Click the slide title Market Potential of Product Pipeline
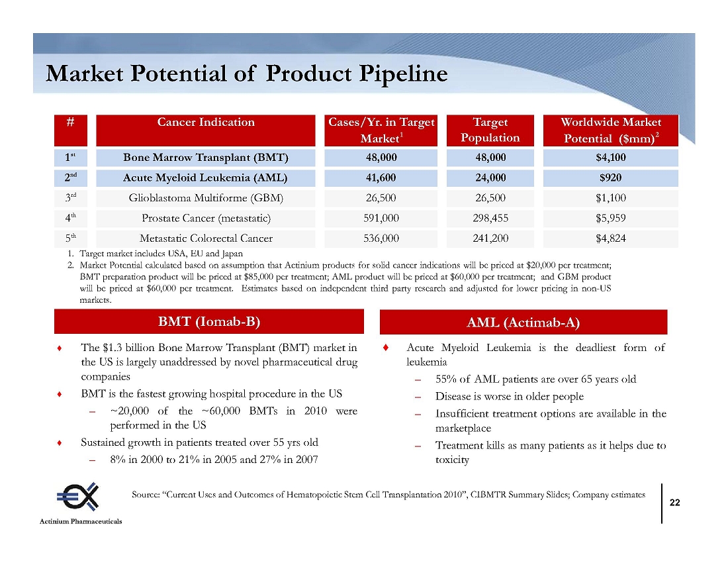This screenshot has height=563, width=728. (x=247, y=74)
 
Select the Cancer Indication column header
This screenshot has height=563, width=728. (x=206, y=130)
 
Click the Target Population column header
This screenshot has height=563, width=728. (x=490, y=130)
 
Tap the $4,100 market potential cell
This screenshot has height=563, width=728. (x=611, y=158)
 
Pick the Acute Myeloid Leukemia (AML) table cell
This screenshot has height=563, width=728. (x=206, y=178)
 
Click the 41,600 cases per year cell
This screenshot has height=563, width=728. (x=381, y=178)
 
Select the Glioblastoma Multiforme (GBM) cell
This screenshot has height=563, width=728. (x=206, y=198)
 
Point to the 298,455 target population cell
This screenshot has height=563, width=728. (x=490, y=219)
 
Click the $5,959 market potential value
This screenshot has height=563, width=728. (x=611, y=219)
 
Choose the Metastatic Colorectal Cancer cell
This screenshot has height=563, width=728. (x=206, y=238)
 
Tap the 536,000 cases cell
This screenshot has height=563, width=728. (x=381, y=238)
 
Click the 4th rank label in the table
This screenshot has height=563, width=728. (x=71, y=219)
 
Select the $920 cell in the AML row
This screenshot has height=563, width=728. (x=611, y=178)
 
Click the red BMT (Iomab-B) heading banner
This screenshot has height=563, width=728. (x=209, y=322)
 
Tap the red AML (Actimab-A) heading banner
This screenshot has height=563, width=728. (x=523, y=323)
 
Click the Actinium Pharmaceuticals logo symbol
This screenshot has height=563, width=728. (x=78, y=497)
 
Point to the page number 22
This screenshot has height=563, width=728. (x=674, y=503)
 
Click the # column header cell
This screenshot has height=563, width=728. (x=71, y=130)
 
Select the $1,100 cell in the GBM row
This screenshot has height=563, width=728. (x=611, y=198)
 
